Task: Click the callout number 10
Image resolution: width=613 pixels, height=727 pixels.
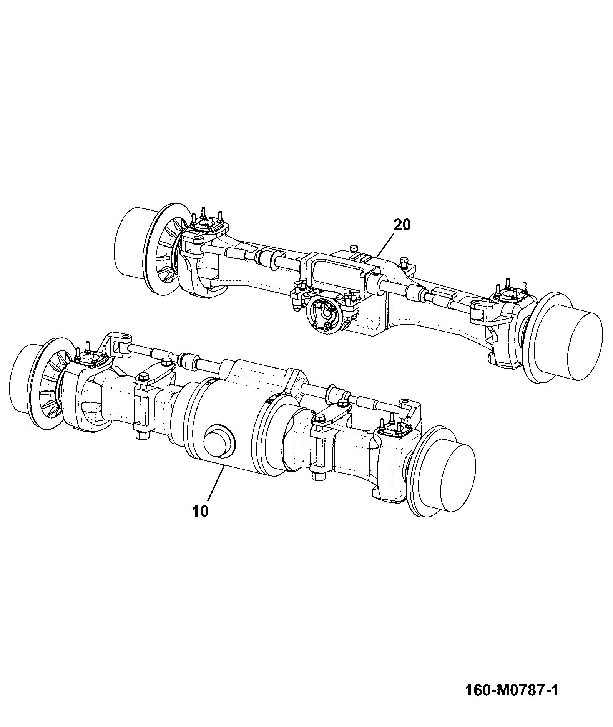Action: pos(200,511)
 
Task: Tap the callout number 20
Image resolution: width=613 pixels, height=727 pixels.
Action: pos(402,225)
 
